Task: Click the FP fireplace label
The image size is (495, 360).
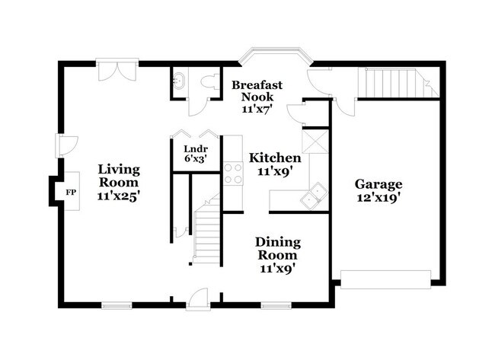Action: point(71,192)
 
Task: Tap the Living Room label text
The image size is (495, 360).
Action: point(119,176)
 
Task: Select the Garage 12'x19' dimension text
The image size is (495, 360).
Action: point(378,198)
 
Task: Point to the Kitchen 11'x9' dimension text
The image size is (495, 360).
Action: point(275,171)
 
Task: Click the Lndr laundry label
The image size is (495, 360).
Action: point(196,148)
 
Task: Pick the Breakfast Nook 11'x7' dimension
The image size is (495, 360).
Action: point(257,109)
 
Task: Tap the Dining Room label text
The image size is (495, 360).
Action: point(278,248)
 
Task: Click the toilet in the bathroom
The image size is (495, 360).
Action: point(209,82)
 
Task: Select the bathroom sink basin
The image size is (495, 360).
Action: point(179,81)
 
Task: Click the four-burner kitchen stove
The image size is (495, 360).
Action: point(233,174)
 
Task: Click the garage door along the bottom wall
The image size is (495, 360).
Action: point(386,279)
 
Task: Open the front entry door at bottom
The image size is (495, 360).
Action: point(198,300)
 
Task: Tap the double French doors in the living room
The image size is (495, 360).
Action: point(117,70)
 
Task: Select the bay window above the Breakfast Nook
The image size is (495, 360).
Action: point(275,56)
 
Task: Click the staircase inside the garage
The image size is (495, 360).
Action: point(398,83)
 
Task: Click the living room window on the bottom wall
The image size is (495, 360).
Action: point(117,305)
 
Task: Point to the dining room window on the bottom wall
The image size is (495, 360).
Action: point(276,305)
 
